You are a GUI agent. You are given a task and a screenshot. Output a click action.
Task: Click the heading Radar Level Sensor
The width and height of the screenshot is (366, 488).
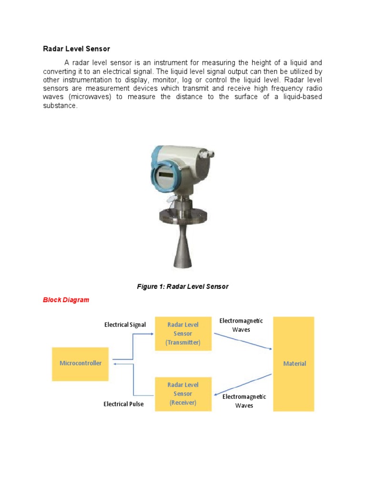[76, 49]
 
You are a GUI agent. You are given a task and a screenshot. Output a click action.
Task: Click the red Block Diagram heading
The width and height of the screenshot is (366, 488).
[66, 300]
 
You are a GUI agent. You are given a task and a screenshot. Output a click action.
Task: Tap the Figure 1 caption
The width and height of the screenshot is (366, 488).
[183, 286]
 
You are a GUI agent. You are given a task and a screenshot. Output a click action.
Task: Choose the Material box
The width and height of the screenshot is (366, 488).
[294, 363]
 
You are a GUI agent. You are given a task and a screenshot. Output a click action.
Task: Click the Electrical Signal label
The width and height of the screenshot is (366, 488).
[125, 325]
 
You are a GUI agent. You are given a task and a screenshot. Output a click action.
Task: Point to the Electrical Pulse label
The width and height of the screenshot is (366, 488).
[123, 404]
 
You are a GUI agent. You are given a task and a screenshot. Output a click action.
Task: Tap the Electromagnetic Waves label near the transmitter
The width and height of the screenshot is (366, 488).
[241, 325]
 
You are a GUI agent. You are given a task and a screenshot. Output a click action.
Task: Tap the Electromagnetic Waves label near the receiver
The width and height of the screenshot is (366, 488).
[244, 401]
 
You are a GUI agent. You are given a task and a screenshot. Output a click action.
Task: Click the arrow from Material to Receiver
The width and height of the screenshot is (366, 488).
[243, 385]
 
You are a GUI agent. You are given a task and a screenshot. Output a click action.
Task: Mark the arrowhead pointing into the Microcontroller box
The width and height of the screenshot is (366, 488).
[112, 364]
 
